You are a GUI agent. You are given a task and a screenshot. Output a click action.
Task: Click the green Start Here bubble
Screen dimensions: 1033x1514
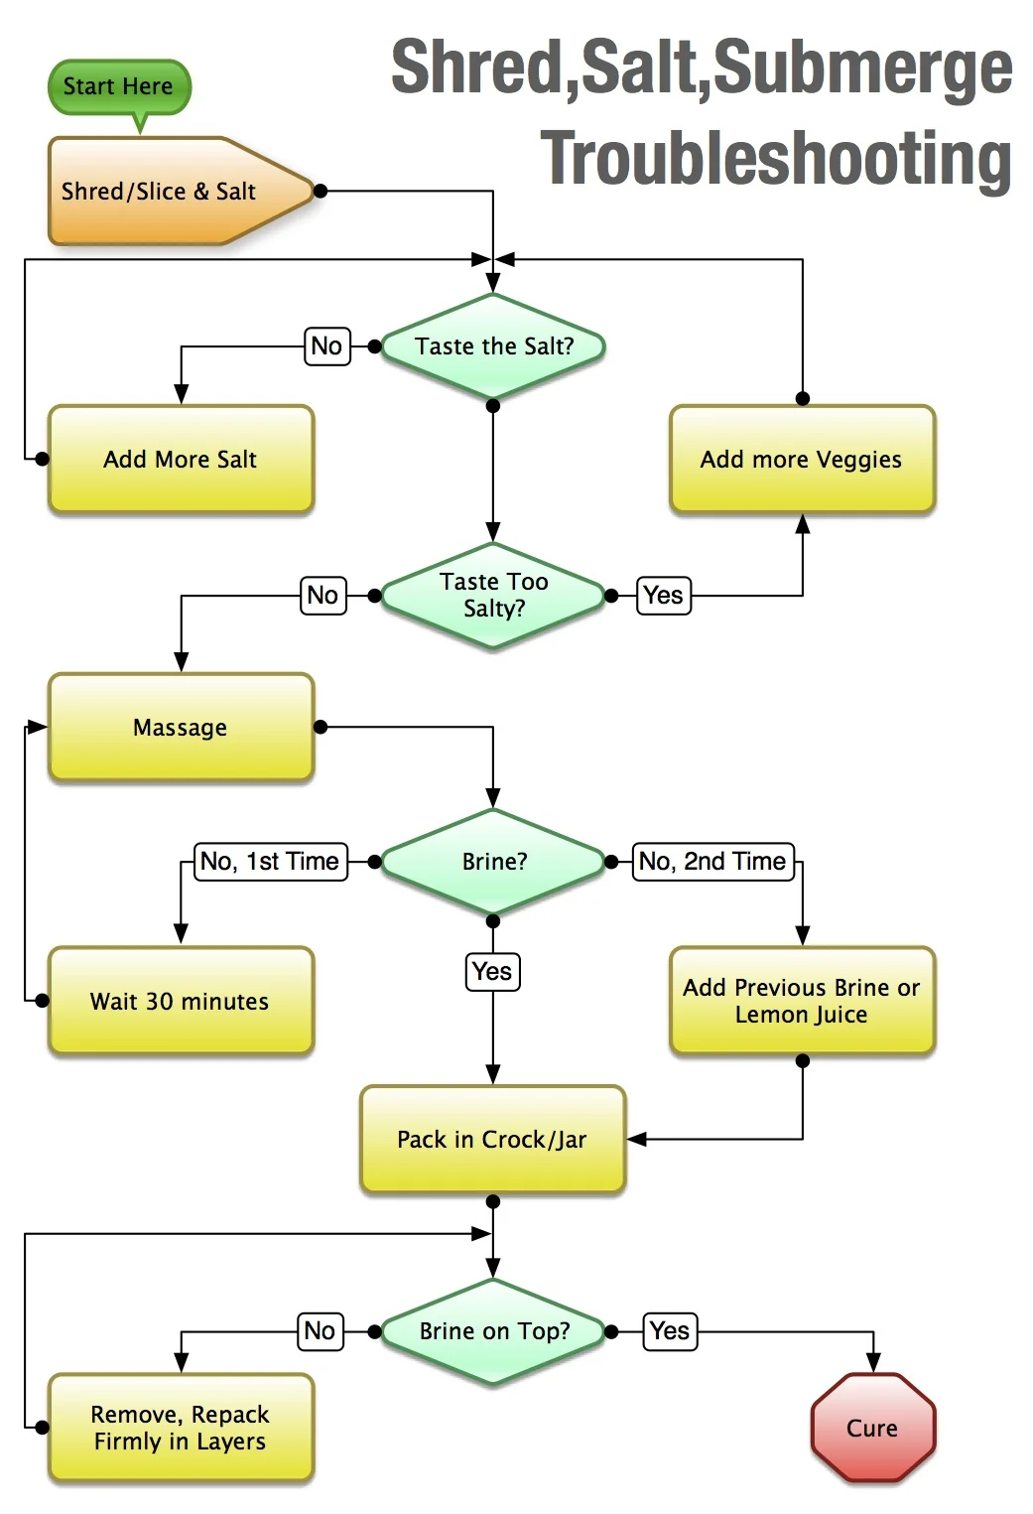[x=120, y=87]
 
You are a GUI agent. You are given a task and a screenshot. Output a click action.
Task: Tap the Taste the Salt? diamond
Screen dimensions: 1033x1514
[x=493, y=346]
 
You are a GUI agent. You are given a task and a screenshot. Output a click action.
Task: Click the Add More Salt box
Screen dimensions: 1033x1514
[x=181, y=459]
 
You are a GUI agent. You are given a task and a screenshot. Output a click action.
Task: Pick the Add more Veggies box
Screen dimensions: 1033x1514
[x=802, y=459]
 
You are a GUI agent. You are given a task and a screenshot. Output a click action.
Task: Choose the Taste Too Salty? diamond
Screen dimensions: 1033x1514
[x=493, y=596]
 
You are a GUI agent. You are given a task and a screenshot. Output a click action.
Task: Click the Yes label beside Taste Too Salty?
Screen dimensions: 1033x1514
[x=664, y=596]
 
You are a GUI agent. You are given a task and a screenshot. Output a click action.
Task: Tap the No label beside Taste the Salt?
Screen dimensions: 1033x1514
[x=327, y=346]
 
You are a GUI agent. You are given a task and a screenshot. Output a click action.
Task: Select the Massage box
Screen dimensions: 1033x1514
[x=181, y=728]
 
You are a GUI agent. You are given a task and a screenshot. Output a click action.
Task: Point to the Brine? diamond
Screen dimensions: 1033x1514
[x=493, y=862]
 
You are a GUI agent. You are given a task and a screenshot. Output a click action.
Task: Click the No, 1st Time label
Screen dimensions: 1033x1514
[x=270, y=862]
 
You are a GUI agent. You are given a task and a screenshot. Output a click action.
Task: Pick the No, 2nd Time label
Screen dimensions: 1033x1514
[x=712, y=862]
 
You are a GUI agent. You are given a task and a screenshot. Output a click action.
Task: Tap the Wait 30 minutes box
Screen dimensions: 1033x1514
[x=181, y=1001]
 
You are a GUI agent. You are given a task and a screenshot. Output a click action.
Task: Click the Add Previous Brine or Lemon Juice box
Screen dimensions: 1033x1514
[x=802, y=1001]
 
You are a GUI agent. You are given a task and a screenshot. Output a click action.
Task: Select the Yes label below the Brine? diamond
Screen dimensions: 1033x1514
[x=493, y=972]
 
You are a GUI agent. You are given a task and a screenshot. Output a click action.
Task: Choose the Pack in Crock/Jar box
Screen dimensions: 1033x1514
[x=493, y=1140]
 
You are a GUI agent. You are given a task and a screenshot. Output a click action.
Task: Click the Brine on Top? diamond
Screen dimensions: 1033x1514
[x=493, y=1331]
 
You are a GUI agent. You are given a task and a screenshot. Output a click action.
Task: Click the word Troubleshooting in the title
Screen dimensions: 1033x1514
[x=777, y=159]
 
